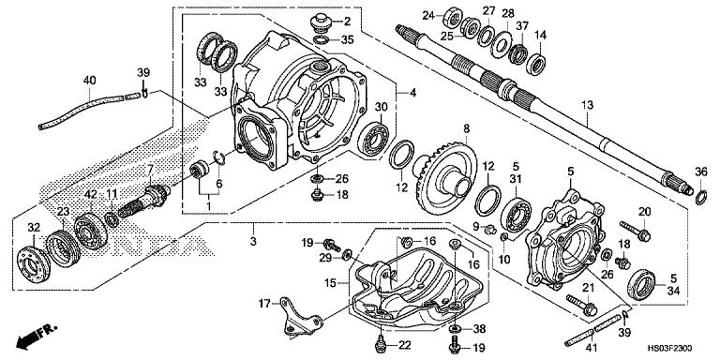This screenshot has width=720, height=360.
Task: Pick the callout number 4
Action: click(x=412, y=93)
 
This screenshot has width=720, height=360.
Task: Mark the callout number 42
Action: click(x=91, y=193)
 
